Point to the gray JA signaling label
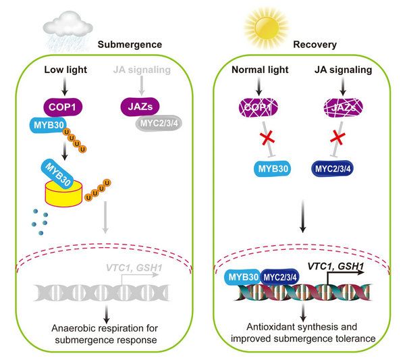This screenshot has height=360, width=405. tap(137, 70)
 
